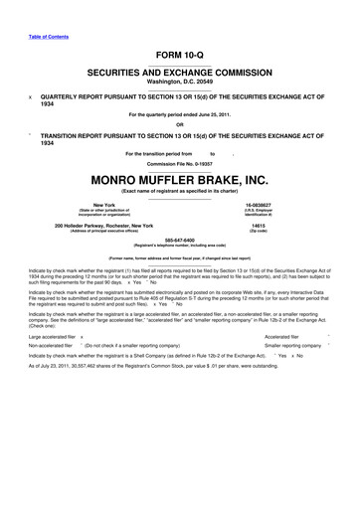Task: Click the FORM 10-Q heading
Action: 180,54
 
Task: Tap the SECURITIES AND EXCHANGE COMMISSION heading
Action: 180,74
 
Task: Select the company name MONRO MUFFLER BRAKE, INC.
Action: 180,182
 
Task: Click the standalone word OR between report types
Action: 180,124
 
